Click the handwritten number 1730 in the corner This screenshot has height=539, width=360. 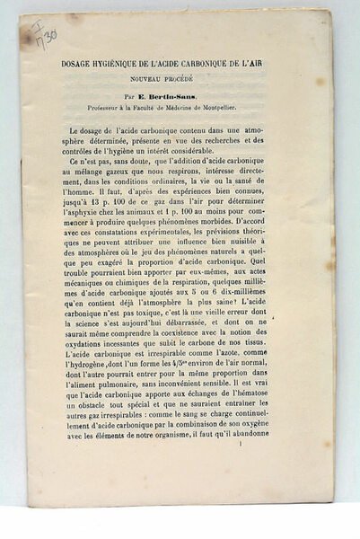(x=43, y=33)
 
